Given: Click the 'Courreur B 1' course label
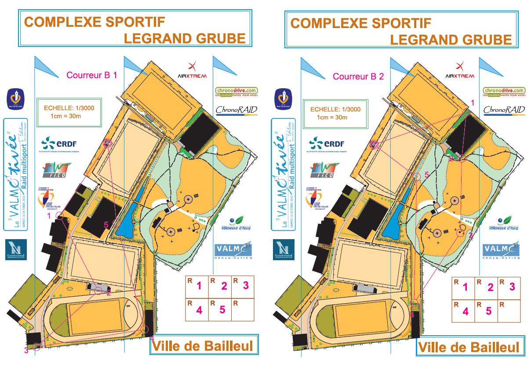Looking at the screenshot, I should pyautogui.click(x=91, y=75).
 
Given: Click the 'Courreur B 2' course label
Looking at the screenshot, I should pyautogui.click(x=358, y=76).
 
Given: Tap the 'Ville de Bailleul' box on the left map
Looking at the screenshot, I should pyautogui.click(x=203, y=346).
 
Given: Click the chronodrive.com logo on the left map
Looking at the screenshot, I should pyautogui.click(x=236, y=92).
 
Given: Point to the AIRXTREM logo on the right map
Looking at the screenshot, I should pyautogui.click(x=460, y=70).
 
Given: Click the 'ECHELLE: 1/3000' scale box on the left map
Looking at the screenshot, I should pyautogui.click(x=73, y=112).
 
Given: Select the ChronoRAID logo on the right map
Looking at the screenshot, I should pyautogui.click(x=505, y=110).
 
